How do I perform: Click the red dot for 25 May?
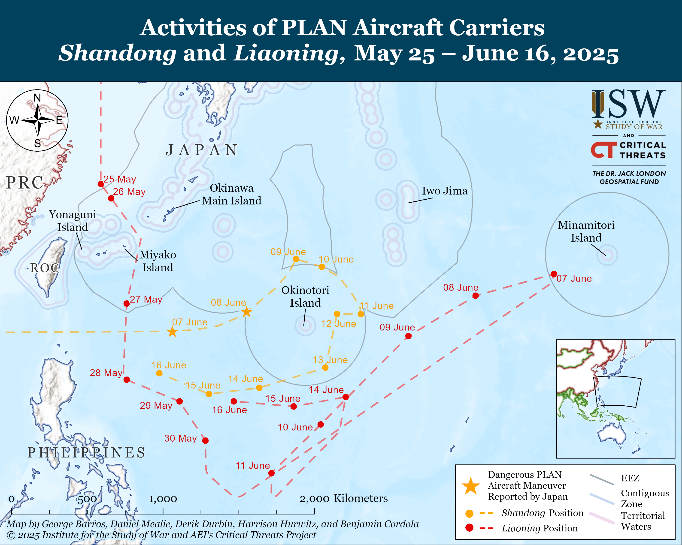[x=101, y=184]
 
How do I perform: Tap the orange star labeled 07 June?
[x=172, y=332]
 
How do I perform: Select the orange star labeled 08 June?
[x=246, y=312]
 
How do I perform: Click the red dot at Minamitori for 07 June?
[x=554, y=274]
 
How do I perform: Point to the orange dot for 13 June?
[x=325, y=367]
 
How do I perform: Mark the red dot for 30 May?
[x=205, y=440]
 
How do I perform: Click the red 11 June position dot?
[x=271, y=473]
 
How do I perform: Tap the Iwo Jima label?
[x=444, y=191]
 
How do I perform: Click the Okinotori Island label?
[x=305, y=296]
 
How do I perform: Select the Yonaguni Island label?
[x=73, y=221]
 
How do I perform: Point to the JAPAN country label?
[x=201, y=150]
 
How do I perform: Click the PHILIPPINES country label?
[x=86, y=452]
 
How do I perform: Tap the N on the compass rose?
[x=37, y=98]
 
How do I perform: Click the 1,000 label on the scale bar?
[x=163, y=499]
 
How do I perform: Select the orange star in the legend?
[x=471, y=486]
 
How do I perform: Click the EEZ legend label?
[x=630, y=478]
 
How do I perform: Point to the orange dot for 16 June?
[x=159, y=373]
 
